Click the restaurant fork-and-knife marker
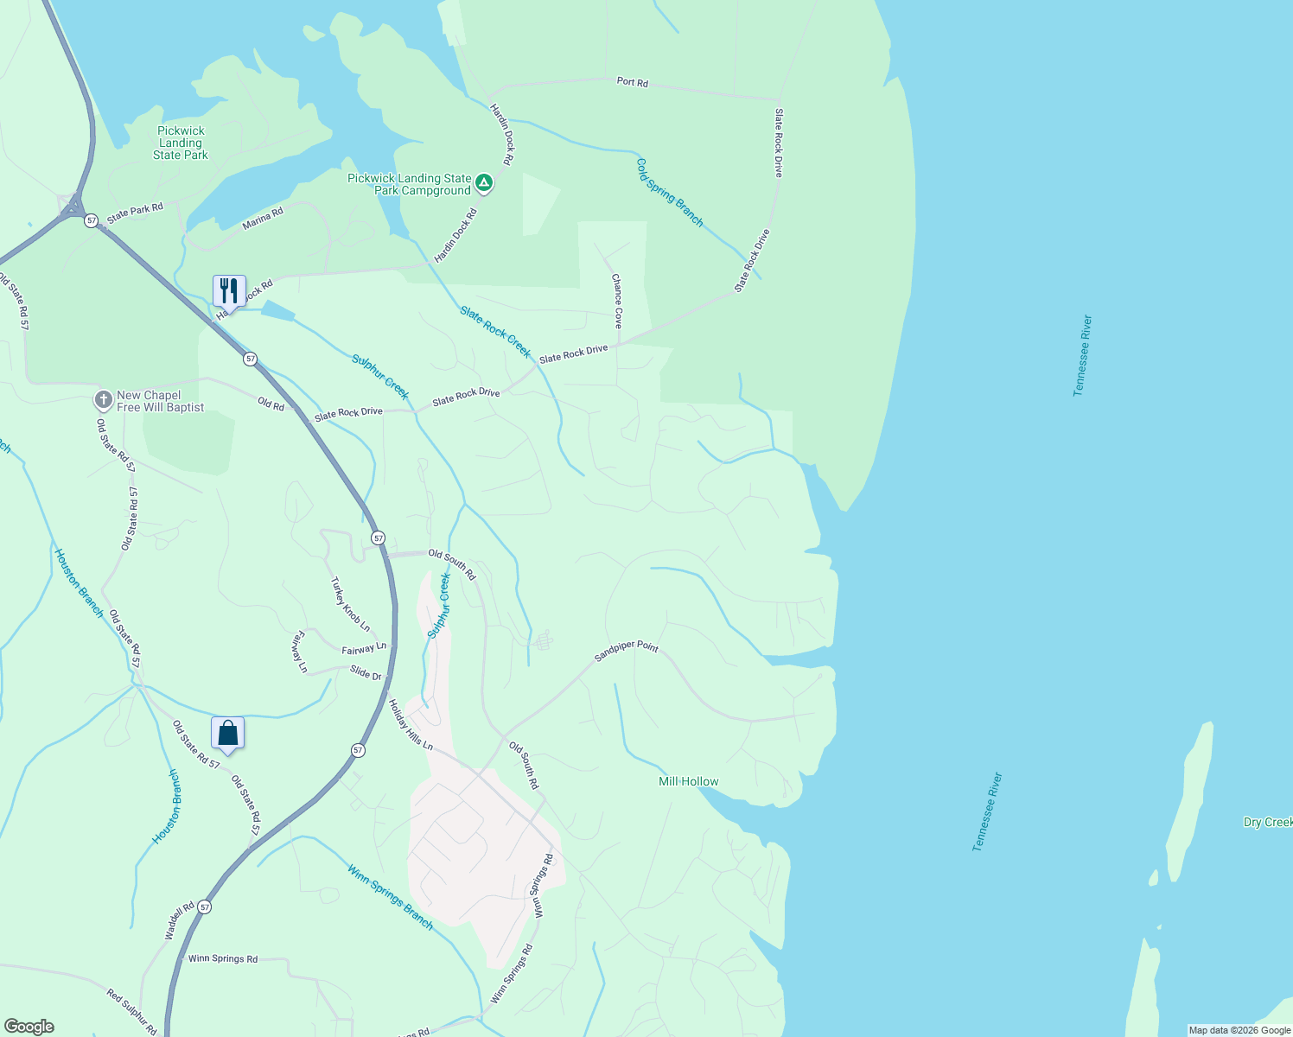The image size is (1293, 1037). click(229, 290)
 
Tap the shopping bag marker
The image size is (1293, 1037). click(228, 734)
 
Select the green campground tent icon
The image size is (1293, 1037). click(485, 183)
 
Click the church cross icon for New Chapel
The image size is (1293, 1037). click(104, 400)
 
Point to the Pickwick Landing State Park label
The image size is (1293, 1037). click(181, 143)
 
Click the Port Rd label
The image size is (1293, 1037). click(632, 82)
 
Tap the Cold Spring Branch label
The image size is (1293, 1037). click(670, 193)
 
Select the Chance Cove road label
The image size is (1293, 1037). click(617, 301)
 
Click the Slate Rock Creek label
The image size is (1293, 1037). click(495, 332)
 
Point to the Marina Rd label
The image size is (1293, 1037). click(263, 219)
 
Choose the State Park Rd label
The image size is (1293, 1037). click(135, 211)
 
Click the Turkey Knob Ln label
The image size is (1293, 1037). click(350, 604)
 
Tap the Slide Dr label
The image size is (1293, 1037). click(366, 674)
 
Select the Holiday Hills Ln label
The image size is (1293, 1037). click(411, 724)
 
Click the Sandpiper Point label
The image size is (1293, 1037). click(627, 651)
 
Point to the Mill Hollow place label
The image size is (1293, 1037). click(689, 781)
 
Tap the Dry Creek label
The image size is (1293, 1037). click(1267, 822)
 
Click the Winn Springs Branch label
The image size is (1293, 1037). click(391, 896)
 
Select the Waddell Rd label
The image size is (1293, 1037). click(180, 922)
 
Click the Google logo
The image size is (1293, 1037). click(29, 1027)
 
